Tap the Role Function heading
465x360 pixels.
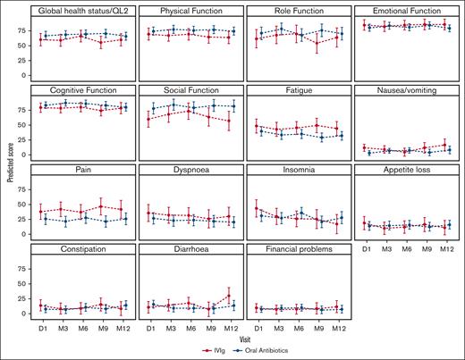(296, 10)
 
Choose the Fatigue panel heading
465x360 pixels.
(296, 90)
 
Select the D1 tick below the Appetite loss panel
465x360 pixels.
(365, 247)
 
